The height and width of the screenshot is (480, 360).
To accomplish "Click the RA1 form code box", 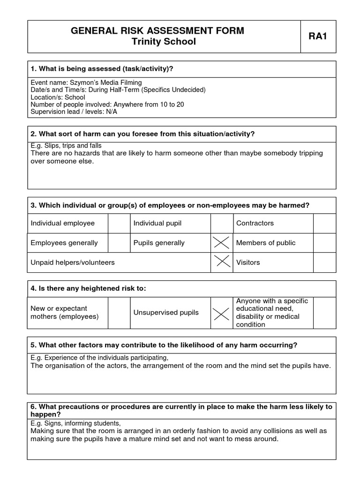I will (x=318, y=37).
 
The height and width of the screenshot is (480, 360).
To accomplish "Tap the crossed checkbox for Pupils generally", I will (x=222, y=243).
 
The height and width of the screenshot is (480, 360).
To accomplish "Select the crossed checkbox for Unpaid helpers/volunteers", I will (x=222, y=262).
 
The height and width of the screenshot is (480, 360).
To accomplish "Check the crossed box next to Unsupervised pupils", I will (x=222, y=313).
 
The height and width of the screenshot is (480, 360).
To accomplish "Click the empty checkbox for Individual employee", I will (x=119, y=223).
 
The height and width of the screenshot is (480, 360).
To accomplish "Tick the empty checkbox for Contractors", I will (x=324, y=223).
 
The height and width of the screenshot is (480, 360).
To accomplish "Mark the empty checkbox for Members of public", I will (x=324, y=243).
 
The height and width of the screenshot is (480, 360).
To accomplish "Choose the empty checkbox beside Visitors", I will (x=324, y=262).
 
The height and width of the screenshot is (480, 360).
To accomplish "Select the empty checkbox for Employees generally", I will (x=119, y=243).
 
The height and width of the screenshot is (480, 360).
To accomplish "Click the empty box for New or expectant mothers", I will (x=119, y=313).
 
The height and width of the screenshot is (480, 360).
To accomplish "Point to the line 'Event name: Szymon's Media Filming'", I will (x=86, y=82).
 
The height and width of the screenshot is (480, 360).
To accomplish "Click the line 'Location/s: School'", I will (x=58, y=97).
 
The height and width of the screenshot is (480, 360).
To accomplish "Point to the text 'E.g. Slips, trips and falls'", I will (x=66, y=146).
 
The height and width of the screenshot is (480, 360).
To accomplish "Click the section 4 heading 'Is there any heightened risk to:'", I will (x=88, y=288).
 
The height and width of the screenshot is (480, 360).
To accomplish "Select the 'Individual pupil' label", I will (x=157, y=223).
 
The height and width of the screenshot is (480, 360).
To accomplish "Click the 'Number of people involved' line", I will (x=107, y=105).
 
